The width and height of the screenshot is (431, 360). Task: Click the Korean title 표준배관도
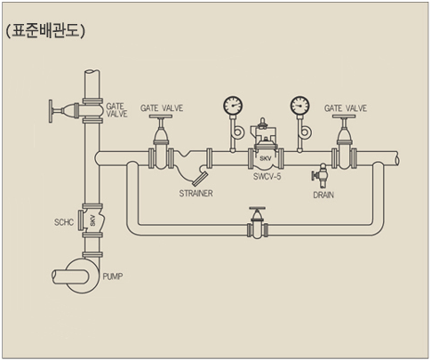[45, 30]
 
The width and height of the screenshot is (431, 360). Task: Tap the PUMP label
[113, 276]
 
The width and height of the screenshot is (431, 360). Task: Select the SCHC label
[64, 222]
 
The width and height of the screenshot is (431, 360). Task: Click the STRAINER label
[196, 194]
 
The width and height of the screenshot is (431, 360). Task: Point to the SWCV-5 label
[267, 177]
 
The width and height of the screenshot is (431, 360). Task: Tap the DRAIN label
[323, 195]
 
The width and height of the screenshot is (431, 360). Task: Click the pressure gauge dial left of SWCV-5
[233, 106]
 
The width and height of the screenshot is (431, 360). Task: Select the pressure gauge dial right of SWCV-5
[299, 106]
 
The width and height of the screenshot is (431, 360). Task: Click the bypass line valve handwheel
[257, 209]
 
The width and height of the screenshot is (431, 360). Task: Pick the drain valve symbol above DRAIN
[320, 175]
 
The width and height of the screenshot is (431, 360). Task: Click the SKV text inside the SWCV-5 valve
[265, 158]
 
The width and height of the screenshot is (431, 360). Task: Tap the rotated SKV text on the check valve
[92, 220]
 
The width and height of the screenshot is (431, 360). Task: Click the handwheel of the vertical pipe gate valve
[51, 111]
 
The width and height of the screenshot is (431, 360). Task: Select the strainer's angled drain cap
[200, 179]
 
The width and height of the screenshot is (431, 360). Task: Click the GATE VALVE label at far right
[346, 108]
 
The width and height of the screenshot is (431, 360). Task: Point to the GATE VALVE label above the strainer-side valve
[162, 108]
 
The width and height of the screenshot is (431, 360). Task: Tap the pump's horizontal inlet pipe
[70, 276]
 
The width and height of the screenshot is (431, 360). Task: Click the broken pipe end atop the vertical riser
[92, 73]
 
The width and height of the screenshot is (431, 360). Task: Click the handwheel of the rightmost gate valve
[344, 116]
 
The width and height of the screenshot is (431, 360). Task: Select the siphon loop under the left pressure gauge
[237, 132]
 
